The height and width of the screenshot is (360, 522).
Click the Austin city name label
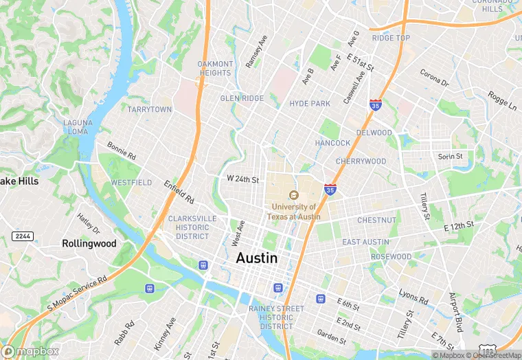(x=257, y=258)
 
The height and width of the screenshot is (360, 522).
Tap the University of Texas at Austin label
(x=294, y=211)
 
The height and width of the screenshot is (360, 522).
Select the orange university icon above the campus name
(x=294, y=194)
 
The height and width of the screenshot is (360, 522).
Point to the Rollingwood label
(x=89, y=243)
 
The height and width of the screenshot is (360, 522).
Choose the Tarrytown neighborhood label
(x=150, y=109)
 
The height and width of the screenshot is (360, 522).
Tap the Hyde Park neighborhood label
(x=310, y=103)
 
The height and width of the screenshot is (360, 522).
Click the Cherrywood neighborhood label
(x=361, y=161)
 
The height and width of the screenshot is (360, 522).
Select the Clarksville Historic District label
(x=192, y=227)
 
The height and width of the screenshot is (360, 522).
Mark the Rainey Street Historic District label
(x=276, y=317)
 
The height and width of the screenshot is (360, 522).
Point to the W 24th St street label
(x=243, y=179)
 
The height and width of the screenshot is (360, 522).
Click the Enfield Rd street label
(x=179, y=192)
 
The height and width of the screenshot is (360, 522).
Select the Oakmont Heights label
(x=215, y=69)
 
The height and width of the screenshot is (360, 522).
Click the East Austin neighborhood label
(x=366, y=242)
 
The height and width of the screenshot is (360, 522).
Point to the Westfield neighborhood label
(x=131, y=183)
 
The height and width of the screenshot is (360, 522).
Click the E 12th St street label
(x=459, y=225)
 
